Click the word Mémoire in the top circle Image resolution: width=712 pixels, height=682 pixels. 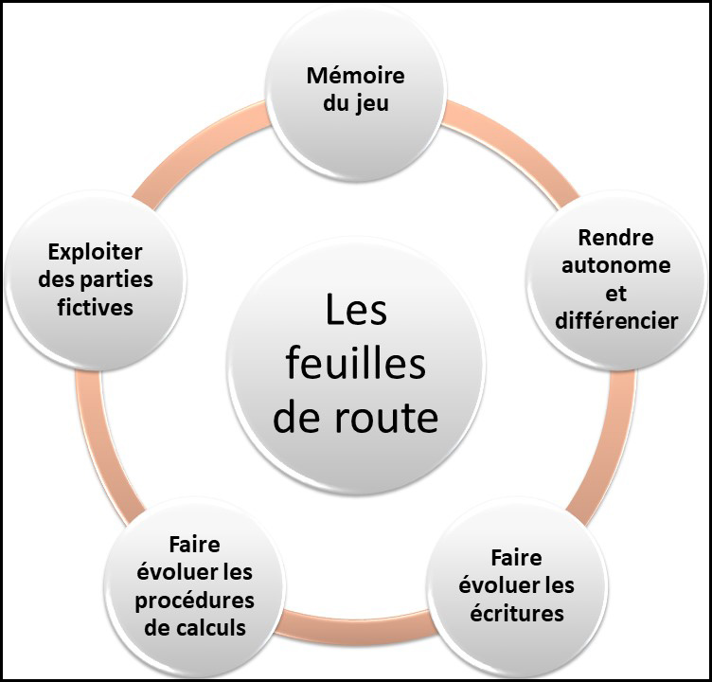click(355, 76)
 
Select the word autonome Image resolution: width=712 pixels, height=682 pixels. click(615, 265)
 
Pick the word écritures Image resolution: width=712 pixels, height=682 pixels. click(515, 613)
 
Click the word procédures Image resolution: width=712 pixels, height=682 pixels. click(194, 601)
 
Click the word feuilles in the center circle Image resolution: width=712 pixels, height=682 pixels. click(355, 363)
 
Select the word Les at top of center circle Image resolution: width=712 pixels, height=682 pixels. click(356, 310)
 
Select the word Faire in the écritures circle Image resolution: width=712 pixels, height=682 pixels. click(516, 557)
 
